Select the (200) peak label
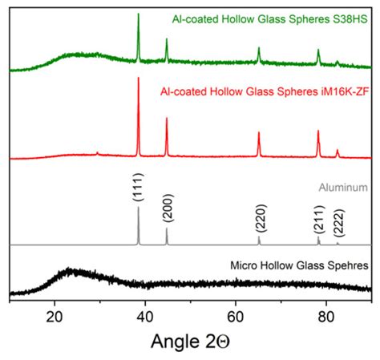[167, 210]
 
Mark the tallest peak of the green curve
[139, 14]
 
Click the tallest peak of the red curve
[139, 78]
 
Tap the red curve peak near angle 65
[259, 133]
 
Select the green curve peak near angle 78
[318, 51]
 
